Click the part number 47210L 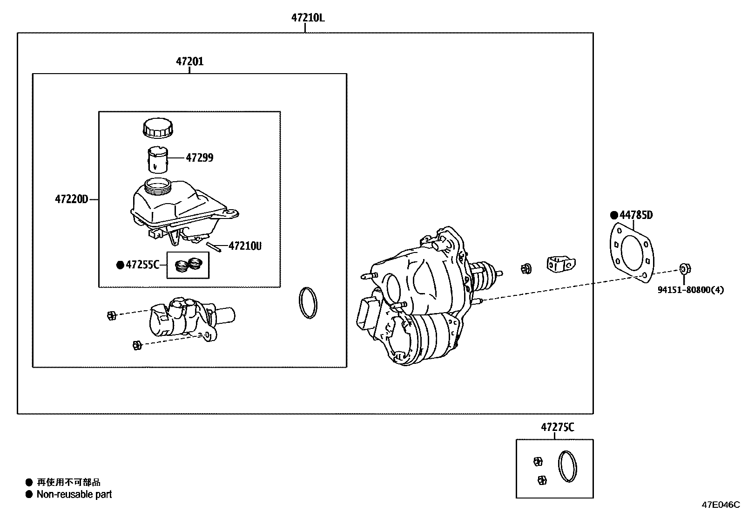tap(308, 18)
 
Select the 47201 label tap(189, 61)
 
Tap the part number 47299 tap(200, 157)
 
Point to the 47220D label tap(72, 199)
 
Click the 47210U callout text tap(245, 246)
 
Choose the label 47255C tap(142, 265)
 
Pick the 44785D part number tap(636, 215)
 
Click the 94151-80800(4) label tap(690, 290)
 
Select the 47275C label tap(558, 427)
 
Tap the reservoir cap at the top tap(158, 128)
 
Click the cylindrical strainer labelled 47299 tap(157, 160)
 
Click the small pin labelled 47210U tap(214, 247)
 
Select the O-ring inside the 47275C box tap(568, 466)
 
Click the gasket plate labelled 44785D tap(632, 253)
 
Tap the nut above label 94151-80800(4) tap(686, 269)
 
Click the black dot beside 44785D tap(614, 215)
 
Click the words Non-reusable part tap(74, 494)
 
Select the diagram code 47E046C tap(721, 505)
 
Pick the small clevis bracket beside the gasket tap(561, 264)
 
